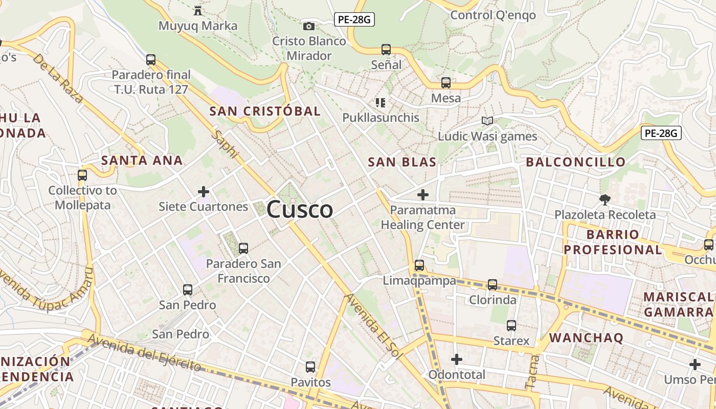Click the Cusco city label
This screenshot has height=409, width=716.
click(x=300, y=210)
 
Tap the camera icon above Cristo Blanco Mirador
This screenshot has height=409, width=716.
click(x=309, y=26)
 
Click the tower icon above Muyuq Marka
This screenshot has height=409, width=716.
click(x=197, y=10)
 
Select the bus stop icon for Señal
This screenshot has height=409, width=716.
click(x=386, y=50)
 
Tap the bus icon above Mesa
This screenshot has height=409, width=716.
click(x=446, y=82)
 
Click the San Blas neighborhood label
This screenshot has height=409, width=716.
click(x=402, y=163)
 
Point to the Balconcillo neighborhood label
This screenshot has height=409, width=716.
click(x=575, y=163)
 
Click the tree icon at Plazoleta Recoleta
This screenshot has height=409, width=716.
click(x=605, y=199)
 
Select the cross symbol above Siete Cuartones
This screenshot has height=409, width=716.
click(x=204, y=192)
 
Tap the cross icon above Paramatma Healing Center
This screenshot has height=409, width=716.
click(x=423, y=195)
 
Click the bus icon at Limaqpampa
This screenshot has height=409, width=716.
click(x=419, y=265)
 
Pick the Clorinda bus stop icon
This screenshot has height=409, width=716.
click(x=493, y=284)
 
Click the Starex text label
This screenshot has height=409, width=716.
click(x=511, y=340)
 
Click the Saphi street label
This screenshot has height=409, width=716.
click(x=226, y=144)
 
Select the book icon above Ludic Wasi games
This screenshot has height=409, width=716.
click(x=487, y=121)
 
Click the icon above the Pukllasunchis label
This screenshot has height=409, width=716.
click(x=381, y=103)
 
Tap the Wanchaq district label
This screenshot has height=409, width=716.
click(x=586, y=338)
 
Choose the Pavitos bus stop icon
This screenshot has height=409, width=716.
click(x=310, y=367)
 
